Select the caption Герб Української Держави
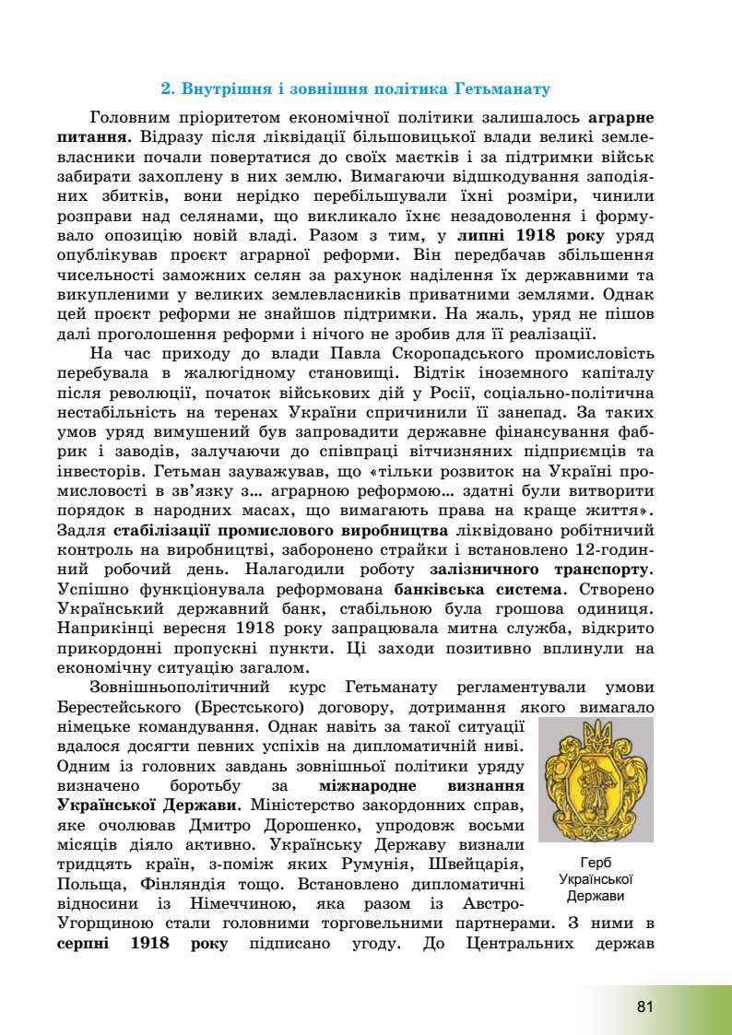coord(596,879)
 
